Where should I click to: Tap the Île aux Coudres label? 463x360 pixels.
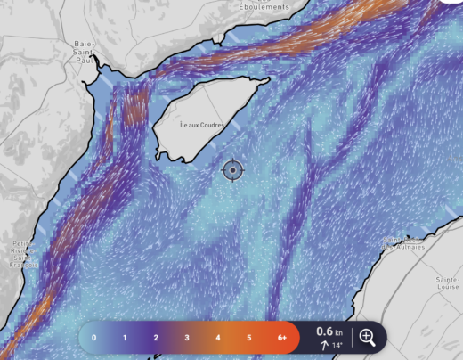coord(203,124)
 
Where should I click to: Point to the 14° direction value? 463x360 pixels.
coord(337,345)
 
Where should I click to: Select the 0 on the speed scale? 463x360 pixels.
coord(93,338)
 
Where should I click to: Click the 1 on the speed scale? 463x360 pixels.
coord(125,338)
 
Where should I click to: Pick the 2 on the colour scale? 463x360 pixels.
coord(156,338)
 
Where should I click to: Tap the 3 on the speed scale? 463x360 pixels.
coord(187,338)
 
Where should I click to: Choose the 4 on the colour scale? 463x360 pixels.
coord(218,338)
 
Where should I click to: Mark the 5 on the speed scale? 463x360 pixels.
coord(249,338)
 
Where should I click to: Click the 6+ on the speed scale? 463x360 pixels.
coord(281,338)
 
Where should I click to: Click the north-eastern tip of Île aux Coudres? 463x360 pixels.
coord(267,80)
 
